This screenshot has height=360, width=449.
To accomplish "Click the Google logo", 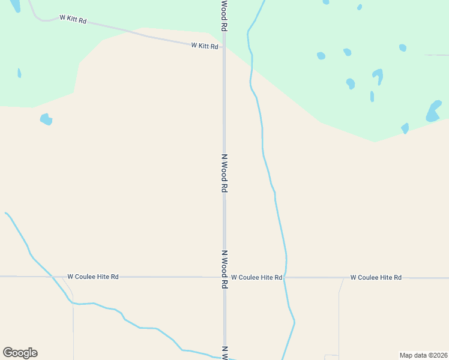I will (20, 353).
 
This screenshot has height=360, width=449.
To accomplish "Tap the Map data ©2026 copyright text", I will (423, 355).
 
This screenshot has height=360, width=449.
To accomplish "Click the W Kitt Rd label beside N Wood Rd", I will (204, 46).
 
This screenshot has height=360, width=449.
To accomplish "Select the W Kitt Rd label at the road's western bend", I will (73, 19).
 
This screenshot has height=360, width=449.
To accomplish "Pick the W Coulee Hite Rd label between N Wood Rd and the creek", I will (256, 277).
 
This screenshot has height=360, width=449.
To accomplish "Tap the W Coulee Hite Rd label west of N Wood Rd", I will (93, 277).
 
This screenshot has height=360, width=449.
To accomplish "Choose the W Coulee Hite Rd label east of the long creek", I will (376, 277).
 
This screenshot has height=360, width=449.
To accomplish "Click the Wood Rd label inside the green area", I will (224, 16).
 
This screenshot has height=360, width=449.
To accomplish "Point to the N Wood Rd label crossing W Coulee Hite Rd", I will (224, 269).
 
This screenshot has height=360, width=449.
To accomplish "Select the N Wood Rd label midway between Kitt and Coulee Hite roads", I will (224, 173).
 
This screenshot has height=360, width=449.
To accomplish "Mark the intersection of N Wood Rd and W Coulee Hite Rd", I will (224, 277).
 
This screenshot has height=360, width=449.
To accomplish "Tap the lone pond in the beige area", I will (46, 119).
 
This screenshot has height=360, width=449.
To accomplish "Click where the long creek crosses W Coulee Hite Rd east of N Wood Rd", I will (285, 277).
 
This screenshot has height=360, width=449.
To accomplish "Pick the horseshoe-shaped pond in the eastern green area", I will (378, 76).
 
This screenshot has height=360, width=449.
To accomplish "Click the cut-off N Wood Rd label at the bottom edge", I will (224, 353).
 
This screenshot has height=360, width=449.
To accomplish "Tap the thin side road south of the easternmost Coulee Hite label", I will (339, 318).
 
